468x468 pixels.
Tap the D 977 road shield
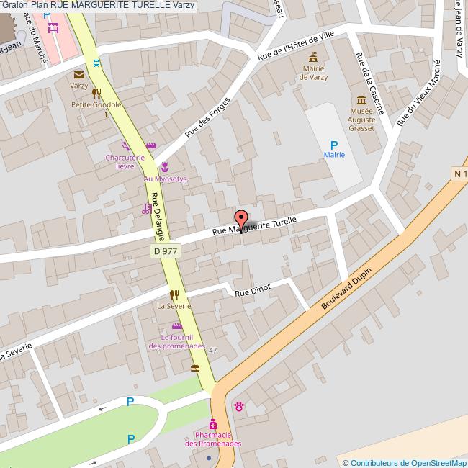click(166, 251)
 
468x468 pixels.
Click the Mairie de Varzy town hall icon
click(314, 55)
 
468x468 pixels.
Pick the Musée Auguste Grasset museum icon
click(361, 99)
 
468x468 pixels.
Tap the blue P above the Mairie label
click(333, 145)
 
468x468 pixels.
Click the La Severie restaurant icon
click(174, 294)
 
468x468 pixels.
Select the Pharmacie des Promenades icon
click(213, 423)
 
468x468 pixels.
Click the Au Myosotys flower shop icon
click(165, 167)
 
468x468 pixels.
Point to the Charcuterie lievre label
click(120, 161)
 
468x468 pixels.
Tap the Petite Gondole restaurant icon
click(96, 94)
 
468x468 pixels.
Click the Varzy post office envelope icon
click(78, 74)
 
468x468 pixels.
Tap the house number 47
click(213, 350)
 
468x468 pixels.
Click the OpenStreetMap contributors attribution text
click(405, 463)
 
